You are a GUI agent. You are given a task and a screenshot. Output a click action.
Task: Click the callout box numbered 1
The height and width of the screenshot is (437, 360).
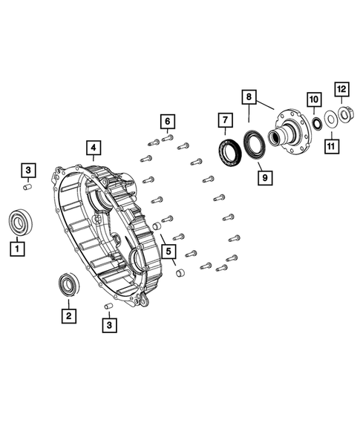point(16,249)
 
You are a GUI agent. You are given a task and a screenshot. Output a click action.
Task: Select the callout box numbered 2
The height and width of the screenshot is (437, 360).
point(69,315)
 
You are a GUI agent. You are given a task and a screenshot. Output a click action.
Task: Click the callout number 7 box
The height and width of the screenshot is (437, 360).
point(223,119)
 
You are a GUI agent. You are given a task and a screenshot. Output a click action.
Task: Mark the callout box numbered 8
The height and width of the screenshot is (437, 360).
point(249,96)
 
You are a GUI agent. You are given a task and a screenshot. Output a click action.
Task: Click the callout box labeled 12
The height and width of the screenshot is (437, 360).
point(342,91)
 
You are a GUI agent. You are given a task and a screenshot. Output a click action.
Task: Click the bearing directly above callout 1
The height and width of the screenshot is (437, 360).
point(19,221)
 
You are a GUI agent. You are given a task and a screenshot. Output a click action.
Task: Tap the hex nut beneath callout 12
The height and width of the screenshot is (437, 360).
point(344,113)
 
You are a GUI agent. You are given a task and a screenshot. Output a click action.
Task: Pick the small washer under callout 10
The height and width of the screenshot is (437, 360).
point(314,121)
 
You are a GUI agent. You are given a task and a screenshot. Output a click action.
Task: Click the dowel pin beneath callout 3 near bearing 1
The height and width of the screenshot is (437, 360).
point(27,188)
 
